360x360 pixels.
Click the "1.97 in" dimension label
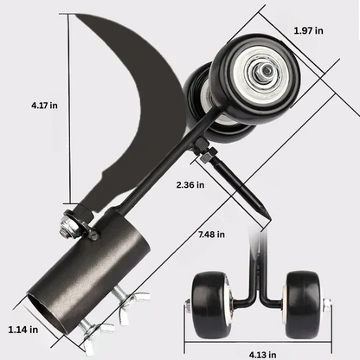point(307,31)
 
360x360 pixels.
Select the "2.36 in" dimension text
point(190,184)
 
